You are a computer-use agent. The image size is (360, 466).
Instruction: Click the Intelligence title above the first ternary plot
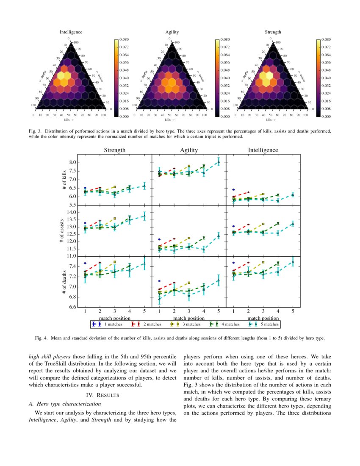point(71,32)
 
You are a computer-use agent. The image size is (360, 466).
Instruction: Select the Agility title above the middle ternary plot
point(172,32)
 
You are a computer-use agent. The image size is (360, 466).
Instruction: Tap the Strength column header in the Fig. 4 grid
point(114,150)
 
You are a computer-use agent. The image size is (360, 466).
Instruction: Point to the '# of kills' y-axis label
point(64,180)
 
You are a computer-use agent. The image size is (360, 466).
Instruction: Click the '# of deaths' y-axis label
point(64,282)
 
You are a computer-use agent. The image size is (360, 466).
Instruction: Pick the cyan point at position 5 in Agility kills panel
point(219,162)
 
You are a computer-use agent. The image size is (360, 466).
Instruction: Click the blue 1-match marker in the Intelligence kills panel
point(233,189)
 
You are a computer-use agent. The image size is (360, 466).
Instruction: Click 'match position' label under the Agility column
point(189,318)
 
